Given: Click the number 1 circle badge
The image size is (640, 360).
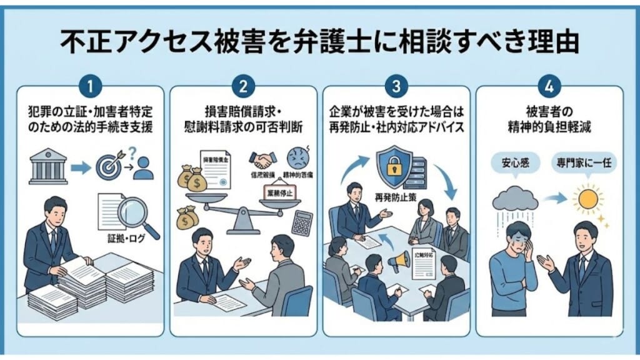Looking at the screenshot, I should point(91,86).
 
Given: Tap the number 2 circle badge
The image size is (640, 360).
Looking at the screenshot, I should point(244,86).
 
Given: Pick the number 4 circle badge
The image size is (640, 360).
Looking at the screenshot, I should point(549,86).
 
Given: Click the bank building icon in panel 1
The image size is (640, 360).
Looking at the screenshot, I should point(48,166).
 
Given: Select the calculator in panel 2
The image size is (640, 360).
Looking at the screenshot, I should point(302,222).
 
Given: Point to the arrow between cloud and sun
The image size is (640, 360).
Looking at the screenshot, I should point(551,199).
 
